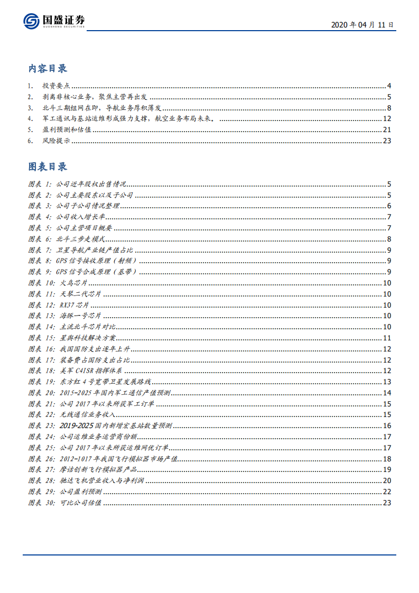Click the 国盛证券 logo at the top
[x=54, y=21]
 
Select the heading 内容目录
[x=48, y=69]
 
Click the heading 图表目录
[x=48, y=167]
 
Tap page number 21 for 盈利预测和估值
[x=386, y=130]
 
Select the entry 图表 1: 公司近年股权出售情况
[x=77, y=184]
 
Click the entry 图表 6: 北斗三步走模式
[x=67, y=239]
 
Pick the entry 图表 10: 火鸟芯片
[x=58, y=283]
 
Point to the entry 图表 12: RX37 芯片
[x=59, y=305]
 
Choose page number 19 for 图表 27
[x=386, y=470]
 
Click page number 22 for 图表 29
[x=386, y=492]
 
